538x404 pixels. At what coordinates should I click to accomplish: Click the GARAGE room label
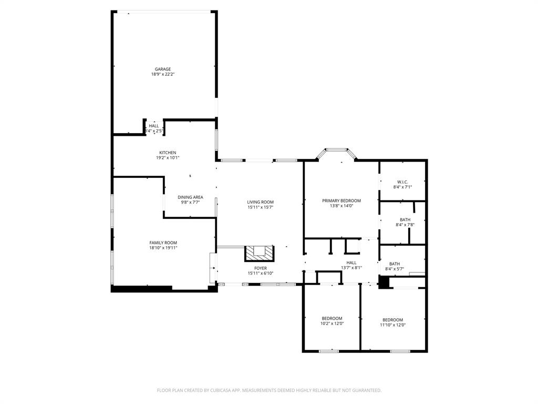[x=162, y=69]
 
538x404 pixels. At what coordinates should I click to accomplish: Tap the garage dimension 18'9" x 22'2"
[x=162, y=74]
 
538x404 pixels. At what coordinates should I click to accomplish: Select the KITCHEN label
[x=168, y=153]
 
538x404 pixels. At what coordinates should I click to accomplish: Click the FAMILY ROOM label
[x=163, y=243]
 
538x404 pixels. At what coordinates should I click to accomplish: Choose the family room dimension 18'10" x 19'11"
[x=163, y=248]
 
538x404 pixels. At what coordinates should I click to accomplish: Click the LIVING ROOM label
[x=260, y=202]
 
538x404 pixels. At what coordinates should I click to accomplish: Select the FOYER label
[x=260, y=268]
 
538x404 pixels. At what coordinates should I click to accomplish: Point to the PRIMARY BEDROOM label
[x=341, y=200]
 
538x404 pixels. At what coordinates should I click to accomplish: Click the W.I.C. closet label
[x=402, y=182]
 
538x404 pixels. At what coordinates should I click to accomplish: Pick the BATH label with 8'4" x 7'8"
[x=405, y=220]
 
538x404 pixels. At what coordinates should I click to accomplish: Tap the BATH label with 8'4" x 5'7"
[x=395, y=264]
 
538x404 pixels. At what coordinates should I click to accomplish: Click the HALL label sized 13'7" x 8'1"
[x=351, y=262]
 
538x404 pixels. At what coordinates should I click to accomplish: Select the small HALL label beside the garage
[x=153, y=126]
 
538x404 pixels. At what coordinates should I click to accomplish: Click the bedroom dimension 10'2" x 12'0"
[x=332, y=325]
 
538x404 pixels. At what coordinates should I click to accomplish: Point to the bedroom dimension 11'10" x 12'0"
[x=392, y=325]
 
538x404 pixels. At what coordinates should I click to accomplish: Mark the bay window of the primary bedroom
[x=336, y=151]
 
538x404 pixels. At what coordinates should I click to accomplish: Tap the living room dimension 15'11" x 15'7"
[x=260, y=207]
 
